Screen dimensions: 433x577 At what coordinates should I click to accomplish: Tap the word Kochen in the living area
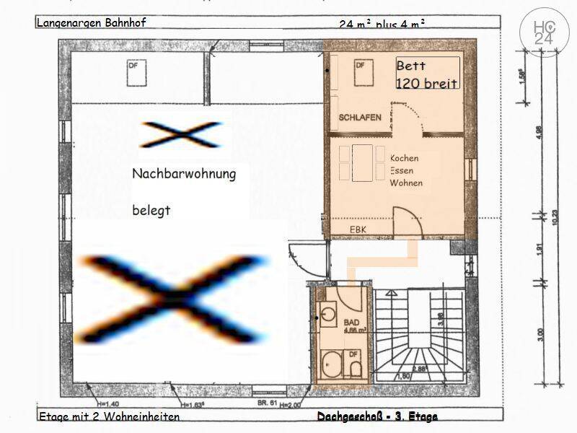404,158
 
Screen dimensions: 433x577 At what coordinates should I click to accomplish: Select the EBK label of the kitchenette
358,229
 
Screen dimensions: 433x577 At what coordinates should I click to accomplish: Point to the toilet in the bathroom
354,369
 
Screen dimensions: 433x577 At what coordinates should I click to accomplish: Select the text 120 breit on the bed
426,83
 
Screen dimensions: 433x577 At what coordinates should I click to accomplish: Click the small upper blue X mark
180,134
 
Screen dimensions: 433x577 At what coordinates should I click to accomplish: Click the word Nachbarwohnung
183,174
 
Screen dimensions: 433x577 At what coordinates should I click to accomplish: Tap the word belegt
151,211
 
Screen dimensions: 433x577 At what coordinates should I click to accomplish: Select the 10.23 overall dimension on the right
555,216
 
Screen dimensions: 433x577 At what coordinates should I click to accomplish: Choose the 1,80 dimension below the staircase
405,376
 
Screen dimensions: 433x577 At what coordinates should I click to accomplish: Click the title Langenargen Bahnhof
92,22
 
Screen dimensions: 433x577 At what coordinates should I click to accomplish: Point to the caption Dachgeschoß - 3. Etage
376,416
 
